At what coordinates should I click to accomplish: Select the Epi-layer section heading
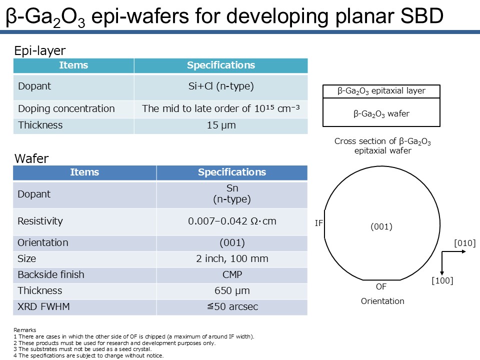[x=40, y=51]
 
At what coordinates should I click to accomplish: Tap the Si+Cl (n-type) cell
[x=221, y=86]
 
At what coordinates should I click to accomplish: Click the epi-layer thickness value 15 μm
[x=221, y=125]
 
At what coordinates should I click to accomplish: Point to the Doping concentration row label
[x=66, y=108]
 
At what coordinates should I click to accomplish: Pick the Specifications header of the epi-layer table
[x=221, y=65]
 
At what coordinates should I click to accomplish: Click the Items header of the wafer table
[x=84, y=172]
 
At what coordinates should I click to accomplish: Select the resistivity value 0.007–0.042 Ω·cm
[x=232, y=221]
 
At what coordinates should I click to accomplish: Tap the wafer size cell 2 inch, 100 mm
[x=232, y=258]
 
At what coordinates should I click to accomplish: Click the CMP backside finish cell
[x=232, y=274]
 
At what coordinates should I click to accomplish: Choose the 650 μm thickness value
[x=232, y=290]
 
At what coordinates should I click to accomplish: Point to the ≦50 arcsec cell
[x=232, y=306]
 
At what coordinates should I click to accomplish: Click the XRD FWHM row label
[x=43, y=306]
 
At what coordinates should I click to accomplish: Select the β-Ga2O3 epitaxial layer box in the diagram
[x=381, y=91]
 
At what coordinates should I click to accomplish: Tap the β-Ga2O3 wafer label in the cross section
[x=381, y=114]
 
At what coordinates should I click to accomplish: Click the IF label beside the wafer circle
[x=318, y=223]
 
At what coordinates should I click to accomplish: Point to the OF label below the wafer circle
[x=381, y=287]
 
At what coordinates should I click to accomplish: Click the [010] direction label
[x=464, y=243]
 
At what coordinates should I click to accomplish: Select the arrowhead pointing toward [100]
[x=441, y=273]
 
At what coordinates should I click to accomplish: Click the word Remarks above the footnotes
[x=25, y=330]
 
